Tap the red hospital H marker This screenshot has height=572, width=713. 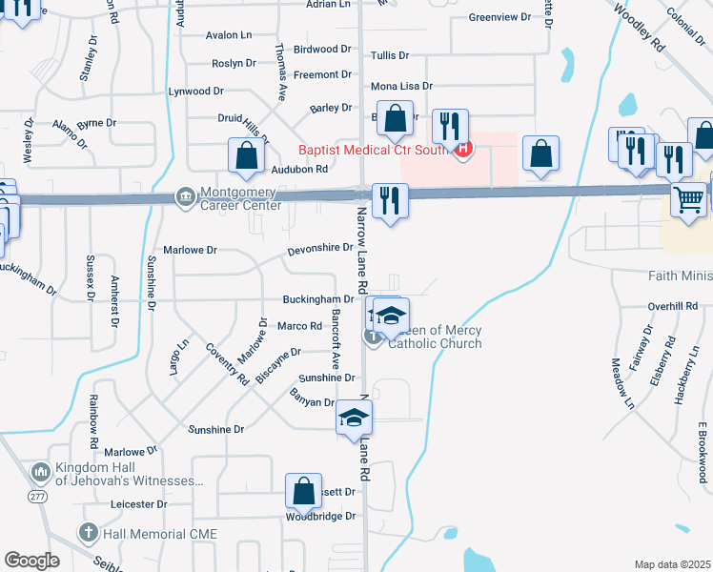(x=463, y=148)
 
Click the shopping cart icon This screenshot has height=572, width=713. (x=688, y=200)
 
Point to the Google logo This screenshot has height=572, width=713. (x=31, y=561)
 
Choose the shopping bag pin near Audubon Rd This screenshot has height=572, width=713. (x=246, y=156)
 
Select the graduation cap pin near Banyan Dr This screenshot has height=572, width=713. (x=354, y=417)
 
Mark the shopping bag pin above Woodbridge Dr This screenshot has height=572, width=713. (x=304, y=491)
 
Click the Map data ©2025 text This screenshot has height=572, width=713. (x=671, y=564)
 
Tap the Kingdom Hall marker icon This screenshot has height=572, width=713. (x=41, y=472)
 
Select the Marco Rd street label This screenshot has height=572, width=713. (x=299, y=325)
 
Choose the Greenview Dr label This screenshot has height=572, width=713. (x=499, y=17)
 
